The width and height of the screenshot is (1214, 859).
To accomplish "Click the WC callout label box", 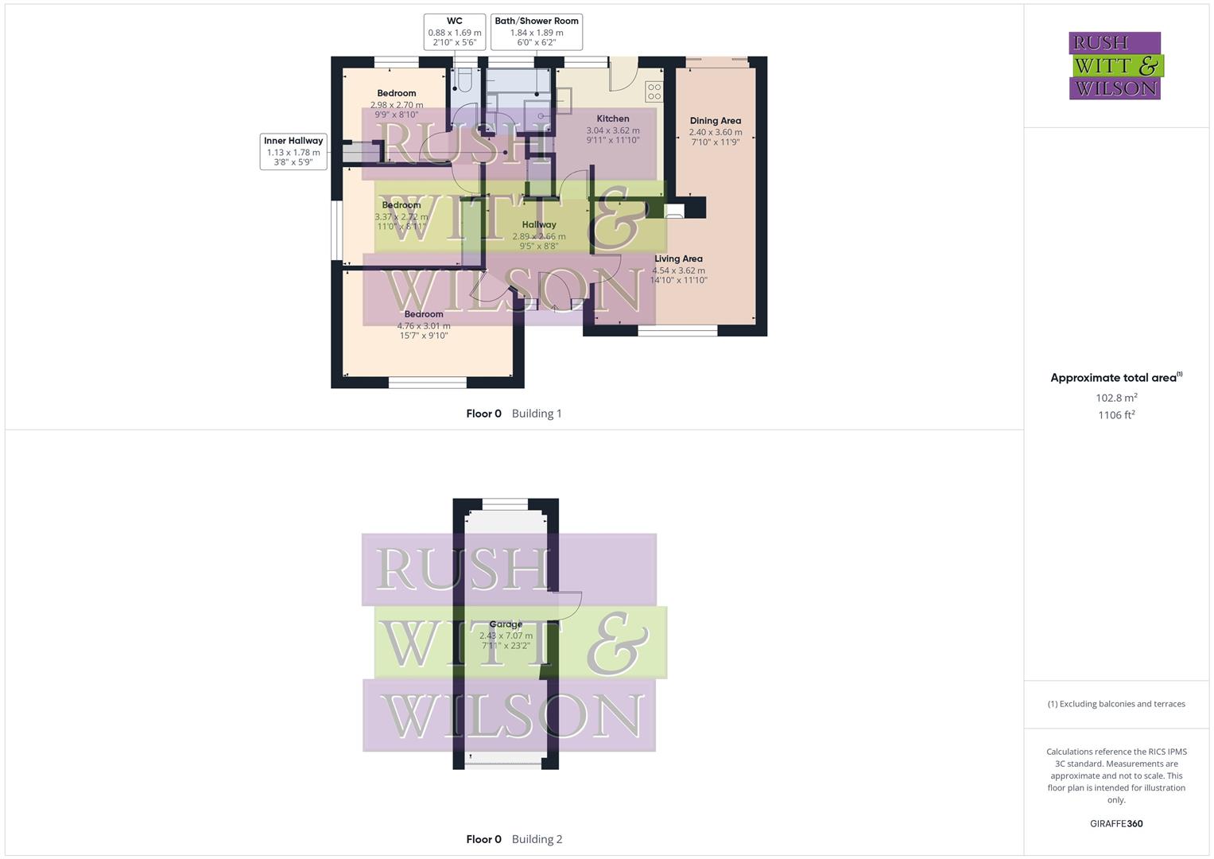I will [454, 32].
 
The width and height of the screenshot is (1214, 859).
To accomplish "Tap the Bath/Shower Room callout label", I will [537, 32].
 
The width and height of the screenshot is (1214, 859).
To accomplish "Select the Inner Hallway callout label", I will [293, 151].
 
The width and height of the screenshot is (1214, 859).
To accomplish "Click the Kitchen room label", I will [613, 119].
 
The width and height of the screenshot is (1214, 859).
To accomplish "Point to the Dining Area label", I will [716, 121].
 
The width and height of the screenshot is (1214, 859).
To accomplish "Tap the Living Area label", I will [678, 259].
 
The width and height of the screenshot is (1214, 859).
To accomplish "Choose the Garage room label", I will [506, 625].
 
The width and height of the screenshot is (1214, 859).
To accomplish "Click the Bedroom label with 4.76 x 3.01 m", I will [424, 315].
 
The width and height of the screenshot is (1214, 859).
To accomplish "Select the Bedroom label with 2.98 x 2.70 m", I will [397, 94].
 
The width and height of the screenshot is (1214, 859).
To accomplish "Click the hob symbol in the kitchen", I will [654, 91].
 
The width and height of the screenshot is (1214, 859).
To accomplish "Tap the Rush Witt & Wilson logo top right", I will [1115, 65].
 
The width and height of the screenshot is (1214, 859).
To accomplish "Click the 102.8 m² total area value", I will [1116, 398].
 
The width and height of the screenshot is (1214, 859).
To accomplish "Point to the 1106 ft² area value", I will [1116, 415].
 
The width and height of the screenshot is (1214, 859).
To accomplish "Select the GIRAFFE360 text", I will [1116, 824].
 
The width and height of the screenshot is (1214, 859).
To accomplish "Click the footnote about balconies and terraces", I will [1116, 704].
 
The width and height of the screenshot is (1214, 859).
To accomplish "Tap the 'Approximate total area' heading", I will [1115, 378].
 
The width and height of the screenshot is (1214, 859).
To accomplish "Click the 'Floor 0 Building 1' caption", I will [514, 414].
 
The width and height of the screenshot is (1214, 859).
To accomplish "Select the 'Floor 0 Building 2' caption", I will [514, 839].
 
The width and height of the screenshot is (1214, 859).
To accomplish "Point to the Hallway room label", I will [539, 225].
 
